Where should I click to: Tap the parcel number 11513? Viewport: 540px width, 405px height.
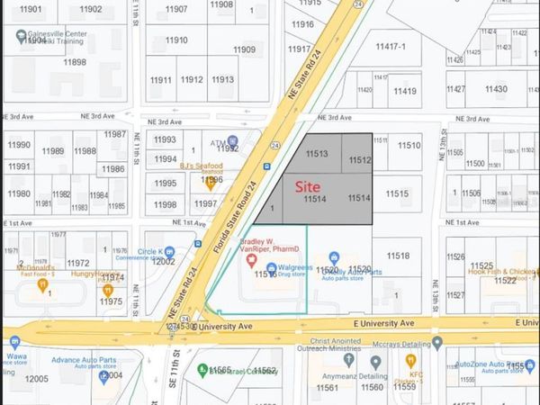[x=316, y=154]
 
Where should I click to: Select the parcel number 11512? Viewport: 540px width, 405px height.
[x=360, y=160]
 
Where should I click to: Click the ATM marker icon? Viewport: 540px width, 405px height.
[x=232, y=140]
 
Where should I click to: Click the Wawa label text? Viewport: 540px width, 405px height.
[x=13, y=358]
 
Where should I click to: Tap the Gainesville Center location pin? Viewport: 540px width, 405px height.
[x=21, y=37]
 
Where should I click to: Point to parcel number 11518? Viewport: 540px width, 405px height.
[x=398, y=256]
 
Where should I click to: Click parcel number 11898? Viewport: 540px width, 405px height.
[x=75, y=62]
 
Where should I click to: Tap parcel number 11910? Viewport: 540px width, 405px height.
[x=176, y=40]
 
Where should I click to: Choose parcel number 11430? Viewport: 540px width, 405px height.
[x=496, y=89]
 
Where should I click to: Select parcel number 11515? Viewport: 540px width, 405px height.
[x=398, y=193]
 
